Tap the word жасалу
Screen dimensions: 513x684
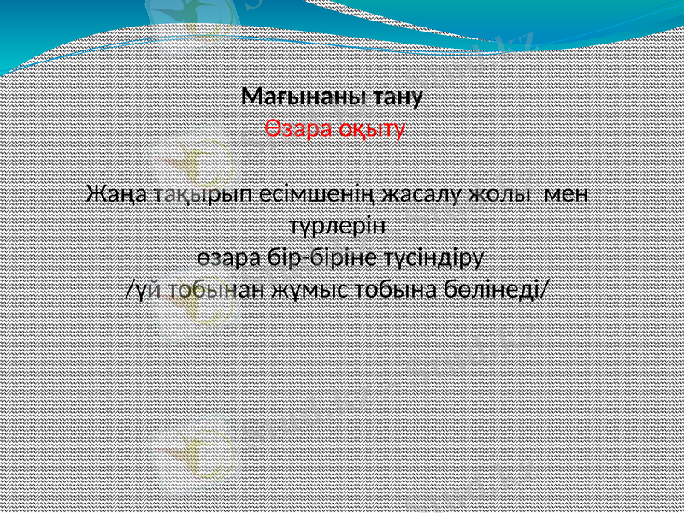click(424, 193)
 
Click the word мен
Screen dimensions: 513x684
click(568, 193)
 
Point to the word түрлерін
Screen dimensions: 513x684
click(335, 227)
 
